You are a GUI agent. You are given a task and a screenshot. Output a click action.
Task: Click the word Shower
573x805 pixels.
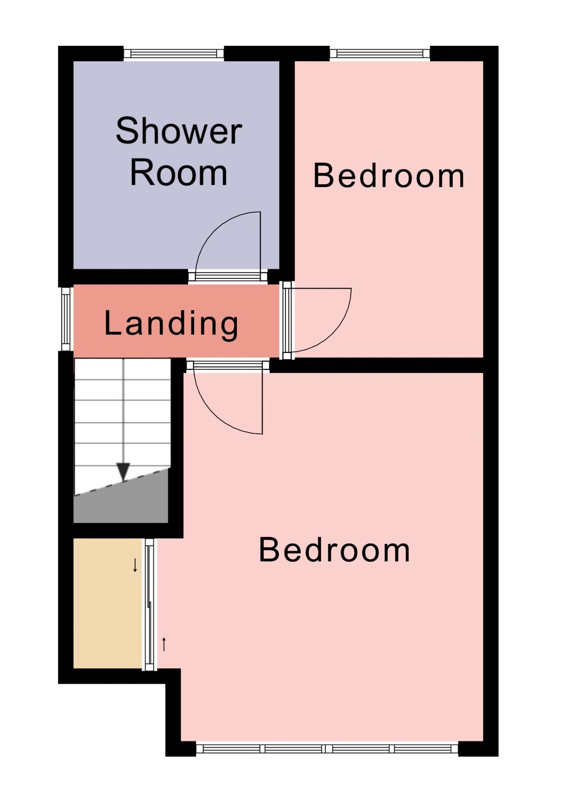click(178, 131)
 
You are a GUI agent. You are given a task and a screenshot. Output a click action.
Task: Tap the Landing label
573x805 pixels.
click(171, 324)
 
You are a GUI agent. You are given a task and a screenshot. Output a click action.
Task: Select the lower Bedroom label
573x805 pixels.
click(335, 550)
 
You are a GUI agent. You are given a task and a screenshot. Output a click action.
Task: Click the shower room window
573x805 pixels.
click(173, 53)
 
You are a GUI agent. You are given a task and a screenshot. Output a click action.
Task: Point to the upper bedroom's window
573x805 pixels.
click(380, 53)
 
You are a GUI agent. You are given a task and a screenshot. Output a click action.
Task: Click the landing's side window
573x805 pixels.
click(66, 319)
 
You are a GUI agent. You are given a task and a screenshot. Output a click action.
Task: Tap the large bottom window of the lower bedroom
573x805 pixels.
click(327, 749)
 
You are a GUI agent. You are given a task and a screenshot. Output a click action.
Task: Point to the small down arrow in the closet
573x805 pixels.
click(135, 565)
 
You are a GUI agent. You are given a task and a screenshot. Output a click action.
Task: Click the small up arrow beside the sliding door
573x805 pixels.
click(164, 644)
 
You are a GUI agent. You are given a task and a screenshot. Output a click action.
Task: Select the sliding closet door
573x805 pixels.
click(149, 604)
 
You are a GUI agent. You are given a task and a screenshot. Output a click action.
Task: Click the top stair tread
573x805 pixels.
click(122, 369)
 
